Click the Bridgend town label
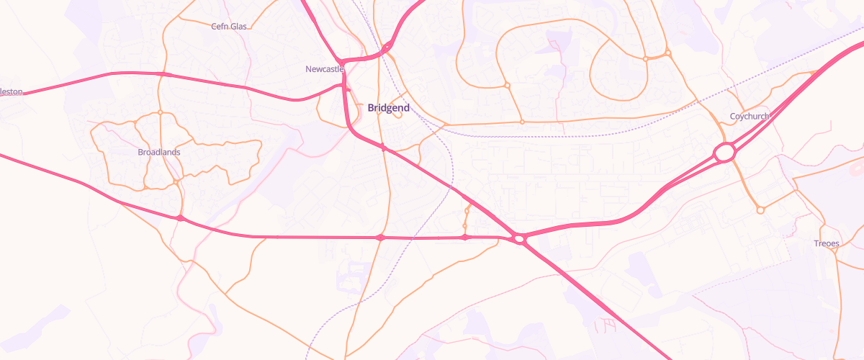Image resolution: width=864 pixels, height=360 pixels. point(388,108)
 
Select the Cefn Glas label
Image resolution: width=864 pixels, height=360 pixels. point(229,26)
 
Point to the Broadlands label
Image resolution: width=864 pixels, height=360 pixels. point(159,152)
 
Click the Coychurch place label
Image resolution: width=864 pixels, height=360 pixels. point(750,116)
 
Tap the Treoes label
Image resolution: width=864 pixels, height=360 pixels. point(826,243)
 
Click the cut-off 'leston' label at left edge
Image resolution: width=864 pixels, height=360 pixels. point(12,92)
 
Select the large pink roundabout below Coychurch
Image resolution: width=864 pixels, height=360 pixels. point(725,153)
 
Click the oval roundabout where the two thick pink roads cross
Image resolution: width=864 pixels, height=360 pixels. point(518,238)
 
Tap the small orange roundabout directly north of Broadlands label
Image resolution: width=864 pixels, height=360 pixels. point(160,112)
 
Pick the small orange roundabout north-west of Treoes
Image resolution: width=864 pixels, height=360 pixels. point(760,210)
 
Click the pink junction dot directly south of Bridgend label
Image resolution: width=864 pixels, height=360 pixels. point(384,148)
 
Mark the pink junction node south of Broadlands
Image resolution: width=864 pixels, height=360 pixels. point(179,217)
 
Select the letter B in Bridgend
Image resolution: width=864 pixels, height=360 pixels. point(371,108)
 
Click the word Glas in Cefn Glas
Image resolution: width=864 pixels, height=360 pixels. point(238,26)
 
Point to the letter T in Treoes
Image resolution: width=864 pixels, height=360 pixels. point(816,243)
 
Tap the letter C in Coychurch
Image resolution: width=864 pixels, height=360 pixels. point(733,116)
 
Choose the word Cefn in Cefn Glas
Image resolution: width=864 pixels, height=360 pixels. point(220,26)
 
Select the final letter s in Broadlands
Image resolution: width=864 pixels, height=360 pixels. point(179,152)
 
